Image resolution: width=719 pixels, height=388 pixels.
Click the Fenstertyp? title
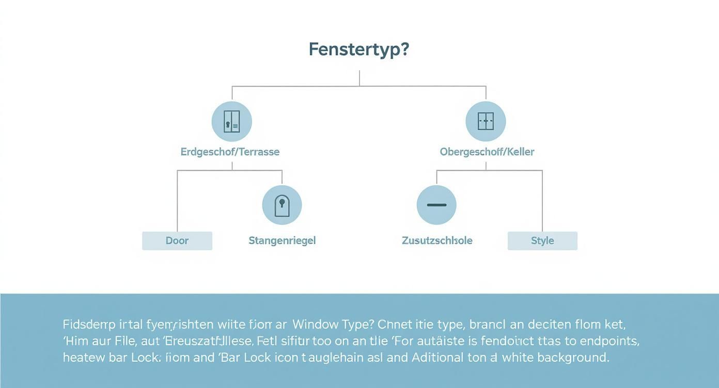(359, 50)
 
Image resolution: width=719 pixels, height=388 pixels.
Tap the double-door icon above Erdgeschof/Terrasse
(232, 122)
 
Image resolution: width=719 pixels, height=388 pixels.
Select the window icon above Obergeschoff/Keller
(486, 122)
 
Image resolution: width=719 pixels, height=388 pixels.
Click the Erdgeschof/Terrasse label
(230, 152)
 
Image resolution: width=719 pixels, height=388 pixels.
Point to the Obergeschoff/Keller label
(487, 152)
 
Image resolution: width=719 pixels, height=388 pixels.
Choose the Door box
(177, 241)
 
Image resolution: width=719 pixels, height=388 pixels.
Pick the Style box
(542, 241)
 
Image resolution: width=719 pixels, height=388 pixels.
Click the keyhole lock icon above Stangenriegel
(282, 205)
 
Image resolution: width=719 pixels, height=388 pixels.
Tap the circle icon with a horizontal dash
(436, 205)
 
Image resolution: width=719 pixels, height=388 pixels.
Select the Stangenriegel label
(282, 240)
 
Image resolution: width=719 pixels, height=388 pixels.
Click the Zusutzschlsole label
(437, 240)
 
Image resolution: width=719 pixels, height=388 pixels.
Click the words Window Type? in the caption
(332, 325)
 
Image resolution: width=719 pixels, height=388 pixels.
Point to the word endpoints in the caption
(609, 341)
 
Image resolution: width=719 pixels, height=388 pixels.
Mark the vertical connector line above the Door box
(177, 201)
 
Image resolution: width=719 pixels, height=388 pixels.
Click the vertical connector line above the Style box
(542, 201)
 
